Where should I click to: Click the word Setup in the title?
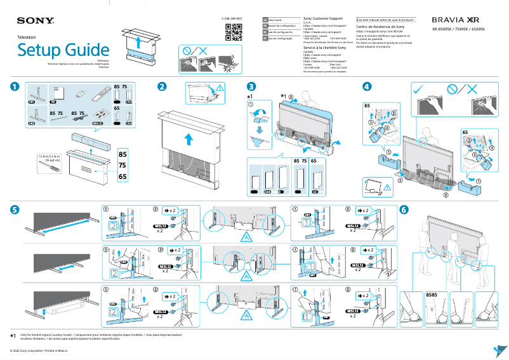click(41, 50)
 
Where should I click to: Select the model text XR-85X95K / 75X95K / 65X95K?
click(458, 30)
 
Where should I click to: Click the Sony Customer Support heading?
click(324, 19)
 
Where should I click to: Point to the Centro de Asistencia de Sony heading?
click(380, 27)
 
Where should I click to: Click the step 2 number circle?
click(162, 87)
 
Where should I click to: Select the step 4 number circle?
click(367, 87)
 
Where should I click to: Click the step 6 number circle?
click(404, 210)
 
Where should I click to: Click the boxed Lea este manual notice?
click(386, 20)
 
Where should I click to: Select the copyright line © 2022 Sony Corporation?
click(38, 350)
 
